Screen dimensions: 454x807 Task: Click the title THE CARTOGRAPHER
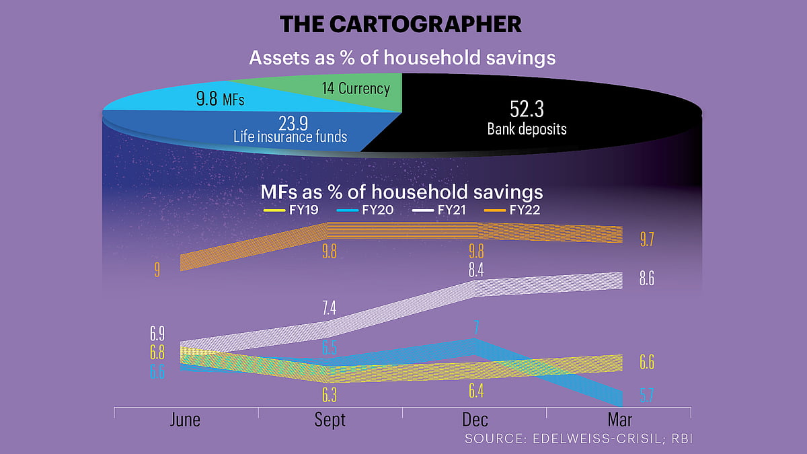(x=401, y=24)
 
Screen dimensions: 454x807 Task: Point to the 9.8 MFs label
(x=220, y=101)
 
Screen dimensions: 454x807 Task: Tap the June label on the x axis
(x=185, y=420)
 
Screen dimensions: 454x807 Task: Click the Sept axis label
(x=330, y=420)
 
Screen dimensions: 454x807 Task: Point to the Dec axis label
(x=475, y=420)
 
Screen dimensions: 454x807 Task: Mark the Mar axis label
(x=619, y=420)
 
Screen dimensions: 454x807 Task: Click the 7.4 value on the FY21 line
(x=330, y=309)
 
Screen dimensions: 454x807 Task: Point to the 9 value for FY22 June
(x=157, y=270)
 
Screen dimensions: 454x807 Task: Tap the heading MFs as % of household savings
(x=401, y=192)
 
